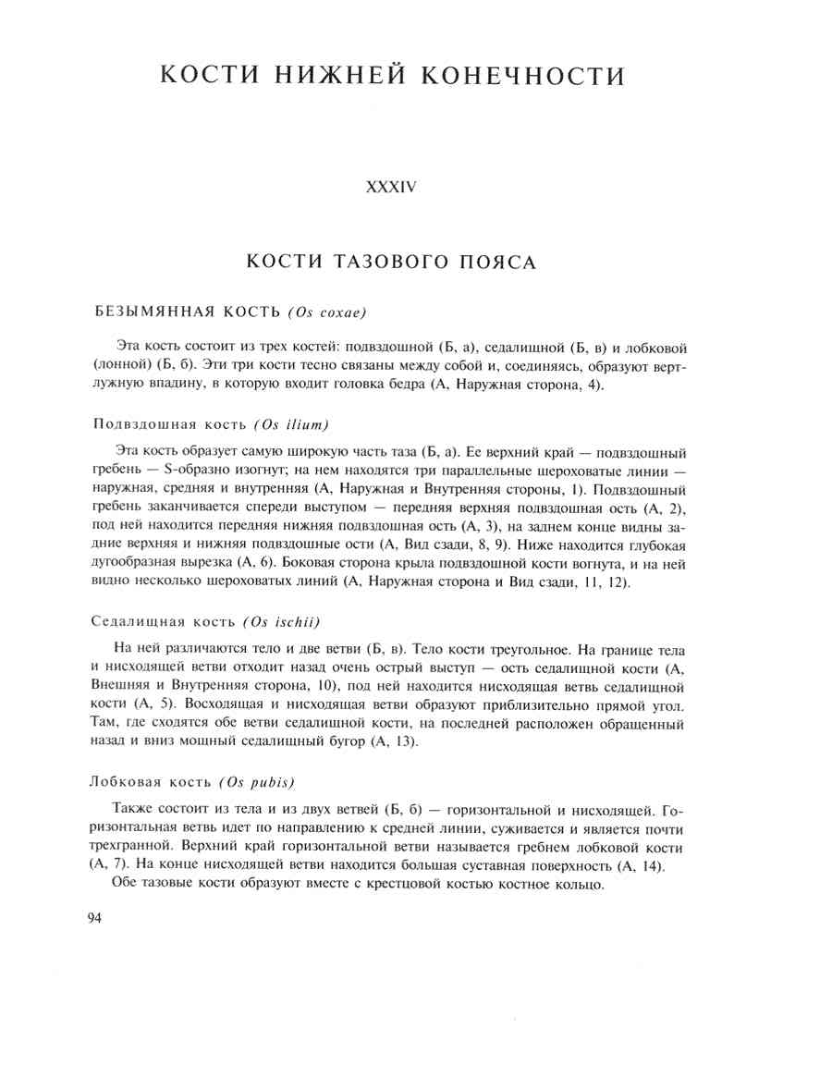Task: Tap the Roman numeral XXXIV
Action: click(392, 187)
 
